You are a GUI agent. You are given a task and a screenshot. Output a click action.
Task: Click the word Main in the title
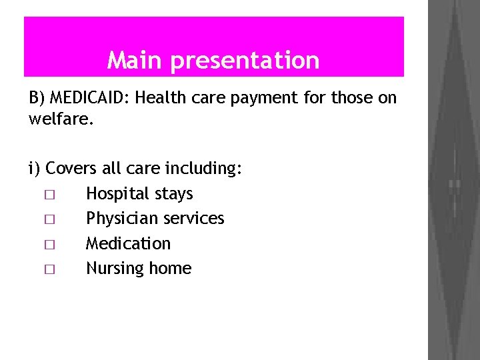pos(135,61)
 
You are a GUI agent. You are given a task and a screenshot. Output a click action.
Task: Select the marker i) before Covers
pos(35,169)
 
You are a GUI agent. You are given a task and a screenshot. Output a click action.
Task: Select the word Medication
pos(128,244)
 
